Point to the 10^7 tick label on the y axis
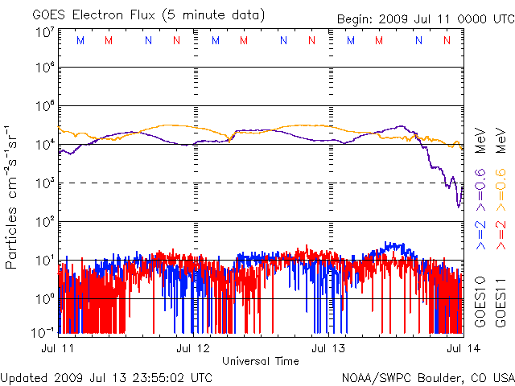pyautogui.click(x=43, y=32)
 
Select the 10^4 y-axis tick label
pyautogui.click(x=43, y=144)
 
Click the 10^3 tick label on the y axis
pyautogui.click(x=43, y=183)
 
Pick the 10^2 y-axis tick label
pyautogui.click(x=43, y=221)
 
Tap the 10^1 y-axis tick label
pyautogui.click(x=43, y=260)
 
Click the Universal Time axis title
pyautogui.click(x=261, y=361)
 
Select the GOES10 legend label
pyautogui.click(x=480, y=298)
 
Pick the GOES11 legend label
pyautogui.click(x=499, y=298)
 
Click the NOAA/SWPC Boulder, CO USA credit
pyautogui.click(x=427, y=376)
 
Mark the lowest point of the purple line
pyautogui.click(x=459, y=207)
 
